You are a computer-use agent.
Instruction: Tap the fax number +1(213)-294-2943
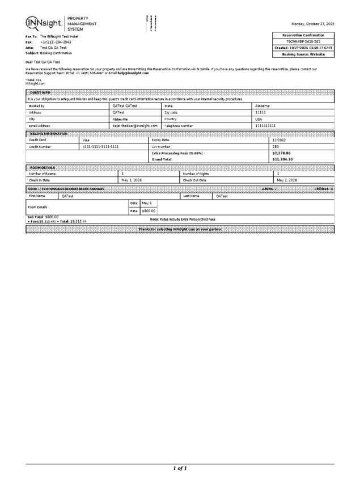pos(56,42)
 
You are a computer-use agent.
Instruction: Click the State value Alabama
pos(262,106)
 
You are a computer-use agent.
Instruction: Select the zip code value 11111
pos(261,112)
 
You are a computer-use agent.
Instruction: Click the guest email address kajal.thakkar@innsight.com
pos(135,125)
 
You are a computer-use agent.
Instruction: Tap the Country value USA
pos(259,119)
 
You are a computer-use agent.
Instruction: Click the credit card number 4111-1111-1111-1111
pos(100,146)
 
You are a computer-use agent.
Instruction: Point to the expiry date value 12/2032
pos(279,140)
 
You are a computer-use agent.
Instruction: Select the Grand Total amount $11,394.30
pos(282,159)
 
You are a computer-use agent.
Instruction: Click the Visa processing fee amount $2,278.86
pos(281,153)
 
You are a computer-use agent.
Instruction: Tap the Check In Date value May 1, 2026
pos(131,180)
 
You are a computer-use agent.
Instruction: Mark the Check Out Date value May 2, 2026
pos(287,180)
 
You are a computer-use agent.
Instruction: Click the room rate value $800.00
pos(149,211)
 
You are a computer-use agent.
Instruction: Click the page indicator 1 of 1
pos(180,468)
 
